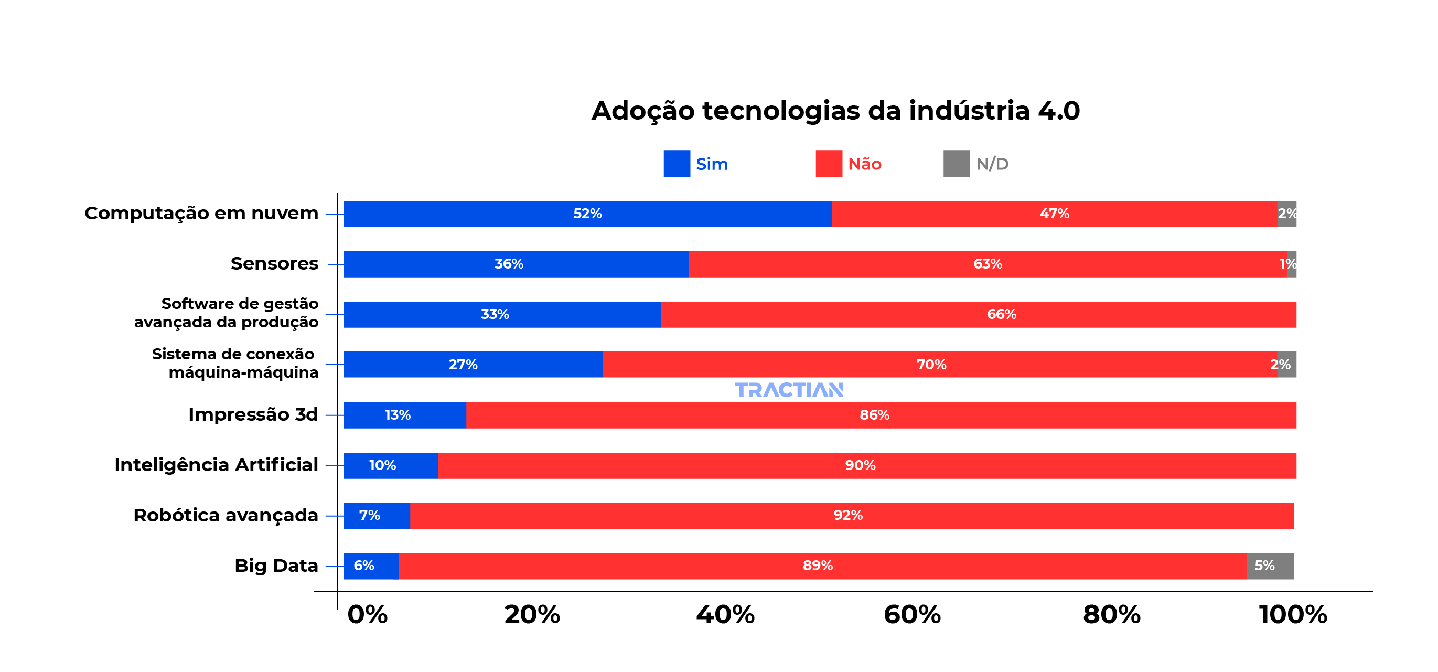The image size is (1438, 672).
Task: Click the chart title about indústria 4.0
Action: (835, 111)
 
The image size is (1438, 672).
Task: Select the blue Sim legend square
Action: (677, 164)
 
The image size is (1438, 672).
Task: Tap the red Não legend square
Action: (829, 164)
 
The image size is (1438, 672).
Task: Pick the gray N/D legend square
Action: (956, 164)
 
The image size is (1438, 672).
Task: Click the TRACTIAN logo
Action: (788, 390)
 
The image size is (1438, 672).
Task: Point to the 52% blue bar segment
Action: (587, 214)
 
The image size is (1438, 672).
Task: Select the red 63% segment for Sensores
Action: (988, 264)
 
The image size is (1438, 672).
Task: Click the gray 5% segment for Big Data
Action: (1270, 567)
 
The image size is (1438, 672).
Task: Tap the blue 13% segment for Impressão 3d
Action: (404, 415)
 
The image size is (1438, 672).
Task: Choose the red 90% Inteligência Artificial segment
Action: (867, 466)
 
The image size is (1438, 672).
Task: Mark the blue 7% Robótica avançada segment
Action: (376, 516)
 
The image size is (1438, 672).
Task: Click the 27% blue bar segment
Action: (473, 365)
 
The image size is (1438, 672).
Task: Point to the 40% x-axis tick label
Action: (725, 615)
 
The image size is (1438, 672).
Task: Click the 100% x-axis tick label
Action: (1292, 615)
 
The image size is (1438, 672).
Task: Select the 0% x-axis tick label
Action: (367, 615)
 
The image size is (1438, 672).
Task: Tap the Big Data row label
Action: (276, 566)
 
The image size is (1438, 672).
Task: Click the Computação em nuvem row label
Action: (201, 214)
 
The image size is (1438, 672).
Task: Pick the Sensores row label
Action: (274, 264)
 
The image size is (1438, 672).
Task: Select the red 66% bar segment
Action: (979, 315)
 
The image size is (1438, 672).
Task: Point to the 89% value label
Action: (818, 566)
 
